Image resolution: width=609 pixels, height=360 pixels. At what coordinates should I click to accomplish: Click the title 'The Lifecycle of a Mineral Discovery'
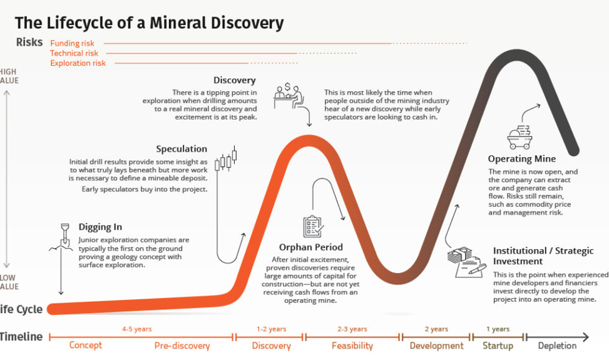tap(149, 24)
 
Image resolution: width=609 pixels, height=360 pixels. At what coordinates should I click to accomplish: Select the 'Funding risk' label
tap(73, 44)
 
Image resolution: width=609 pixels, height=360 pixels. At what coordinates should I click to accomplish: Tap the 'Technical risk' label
tap(74, 53)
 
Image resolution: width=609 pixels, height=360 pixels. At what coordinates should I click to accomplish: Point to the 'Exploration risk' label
tap(78, 63)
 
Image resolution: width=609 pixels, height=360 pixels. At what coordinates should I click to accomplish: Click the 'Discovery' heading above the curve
tap(234, 80)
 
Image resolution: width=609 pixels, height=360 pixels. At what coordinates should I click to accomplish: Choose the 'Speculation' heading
tap(182, 149)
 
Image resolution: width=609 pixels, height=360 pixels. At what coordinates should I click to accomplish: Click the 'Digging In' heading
tap(100, 227)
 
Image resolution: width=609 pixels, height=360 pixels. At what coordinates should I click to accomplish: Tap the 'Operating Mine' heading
tap(521, 159)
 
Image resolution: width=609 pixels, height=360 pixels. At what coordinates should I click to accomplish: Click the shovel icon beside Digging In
tap(63, 235)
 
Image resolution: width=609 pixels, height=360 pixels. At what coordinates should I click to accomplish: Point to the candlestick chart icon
tap(226, 160)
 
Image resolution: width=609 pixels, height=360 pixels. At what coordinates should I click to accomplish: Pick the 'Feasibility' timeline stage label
tap(352, 346)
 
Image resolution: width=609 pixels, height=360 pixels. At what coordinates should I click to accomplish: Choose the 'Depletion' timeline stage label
tap(557, 346)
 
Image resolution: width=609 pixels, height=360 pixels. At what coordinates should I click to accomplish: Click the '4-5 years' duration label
tap(136, 329)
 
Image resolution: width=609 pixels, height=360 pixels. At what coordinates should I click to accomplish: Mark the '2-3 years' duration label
tap(352, 329)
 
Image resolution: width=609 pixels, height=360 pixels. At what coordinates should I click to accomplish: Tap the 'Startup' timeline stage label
tap(498, 346)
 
